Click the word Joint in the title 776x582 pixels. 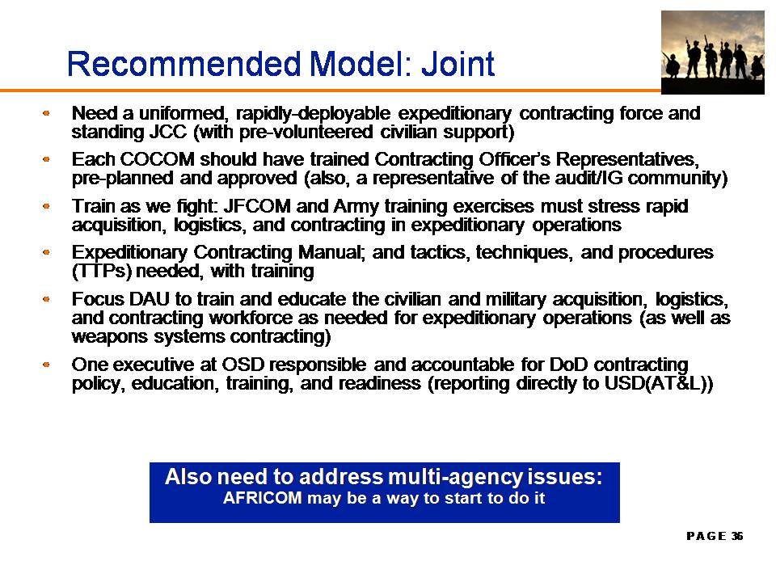point(458,64)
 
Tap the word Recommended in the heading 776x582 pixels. point(184,64)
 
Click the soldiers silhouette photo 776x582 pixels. point(713,53)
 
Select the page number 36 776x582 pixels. point(737,536)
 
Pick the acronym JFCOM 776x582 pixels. point(257,206)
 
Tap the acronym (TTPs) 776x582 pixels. point(102,272)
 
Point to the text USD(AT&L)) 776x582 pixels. point(659,383)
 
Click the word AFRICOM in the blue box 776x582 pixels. point(262,497)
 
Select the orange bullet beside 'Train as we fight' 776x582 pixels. point(46,206)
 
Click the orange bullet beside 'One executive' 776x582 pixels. point(46,365)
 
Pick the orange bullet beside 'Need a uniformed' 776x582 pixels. point(46,113)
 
